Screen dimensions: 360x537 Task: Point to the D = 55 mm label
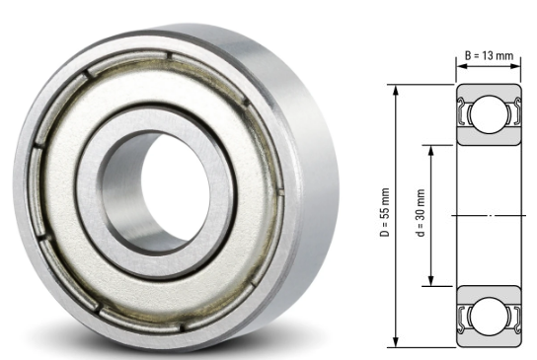tap(384, 215)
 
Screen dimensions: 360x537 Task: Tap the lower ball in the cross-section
tap(488, 313)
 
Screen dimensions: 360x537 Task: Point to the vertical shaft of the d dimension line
tap(430, 247)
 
